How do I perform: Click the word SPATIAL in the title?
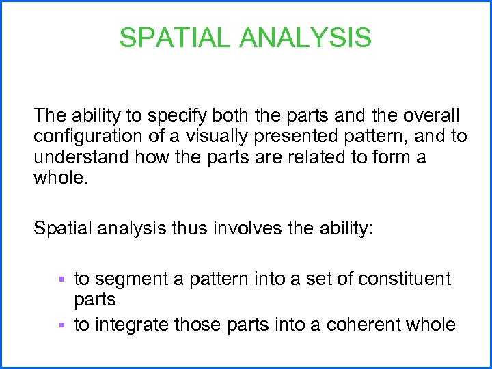tap(176, 38)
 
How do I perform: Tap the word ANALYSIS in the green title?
tap(305, 38)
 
